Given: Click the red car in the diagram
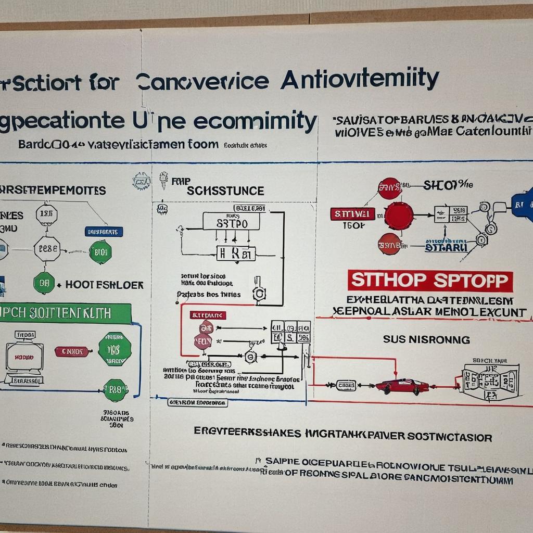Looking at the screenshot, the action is (x=402, y=386).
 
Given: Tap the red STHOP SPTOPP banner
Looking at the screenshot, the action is (x=430, y=281).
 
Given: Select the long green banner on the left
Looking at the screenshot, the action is (x=65, y=313).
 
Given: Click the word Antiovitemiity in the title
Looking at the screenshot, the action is (x=360, y=80).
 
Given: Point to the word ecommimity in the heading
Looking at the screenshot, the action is (x=255, y=120).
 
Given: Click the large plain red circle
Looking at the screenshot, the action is (x=399, y=215).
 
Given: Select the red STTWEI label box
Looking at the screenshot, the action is (x=352, y=214).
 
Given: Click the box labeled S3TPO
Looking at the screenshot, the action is (x=232, y=223).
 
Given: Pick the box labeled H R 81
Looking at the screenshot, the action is (x=236, y=253).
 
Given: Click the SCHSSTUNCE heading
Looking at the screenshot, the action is (x=225, y=191).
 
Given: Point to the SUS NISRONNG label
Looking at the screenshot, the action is (x=426, y=340).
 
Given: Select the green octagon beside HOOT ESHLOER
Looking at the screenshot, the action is (x=44, y=283).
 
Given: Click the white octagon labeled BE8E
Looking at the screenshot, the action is (x=47, y=249).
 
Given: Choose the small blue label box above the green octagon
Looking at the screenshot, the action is (x=104, y=232).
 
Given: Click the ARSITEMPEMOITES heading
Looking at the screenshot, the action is (x=52, y=191).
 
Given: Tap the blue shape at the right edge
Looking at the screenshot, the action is (x=523, y=205).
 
